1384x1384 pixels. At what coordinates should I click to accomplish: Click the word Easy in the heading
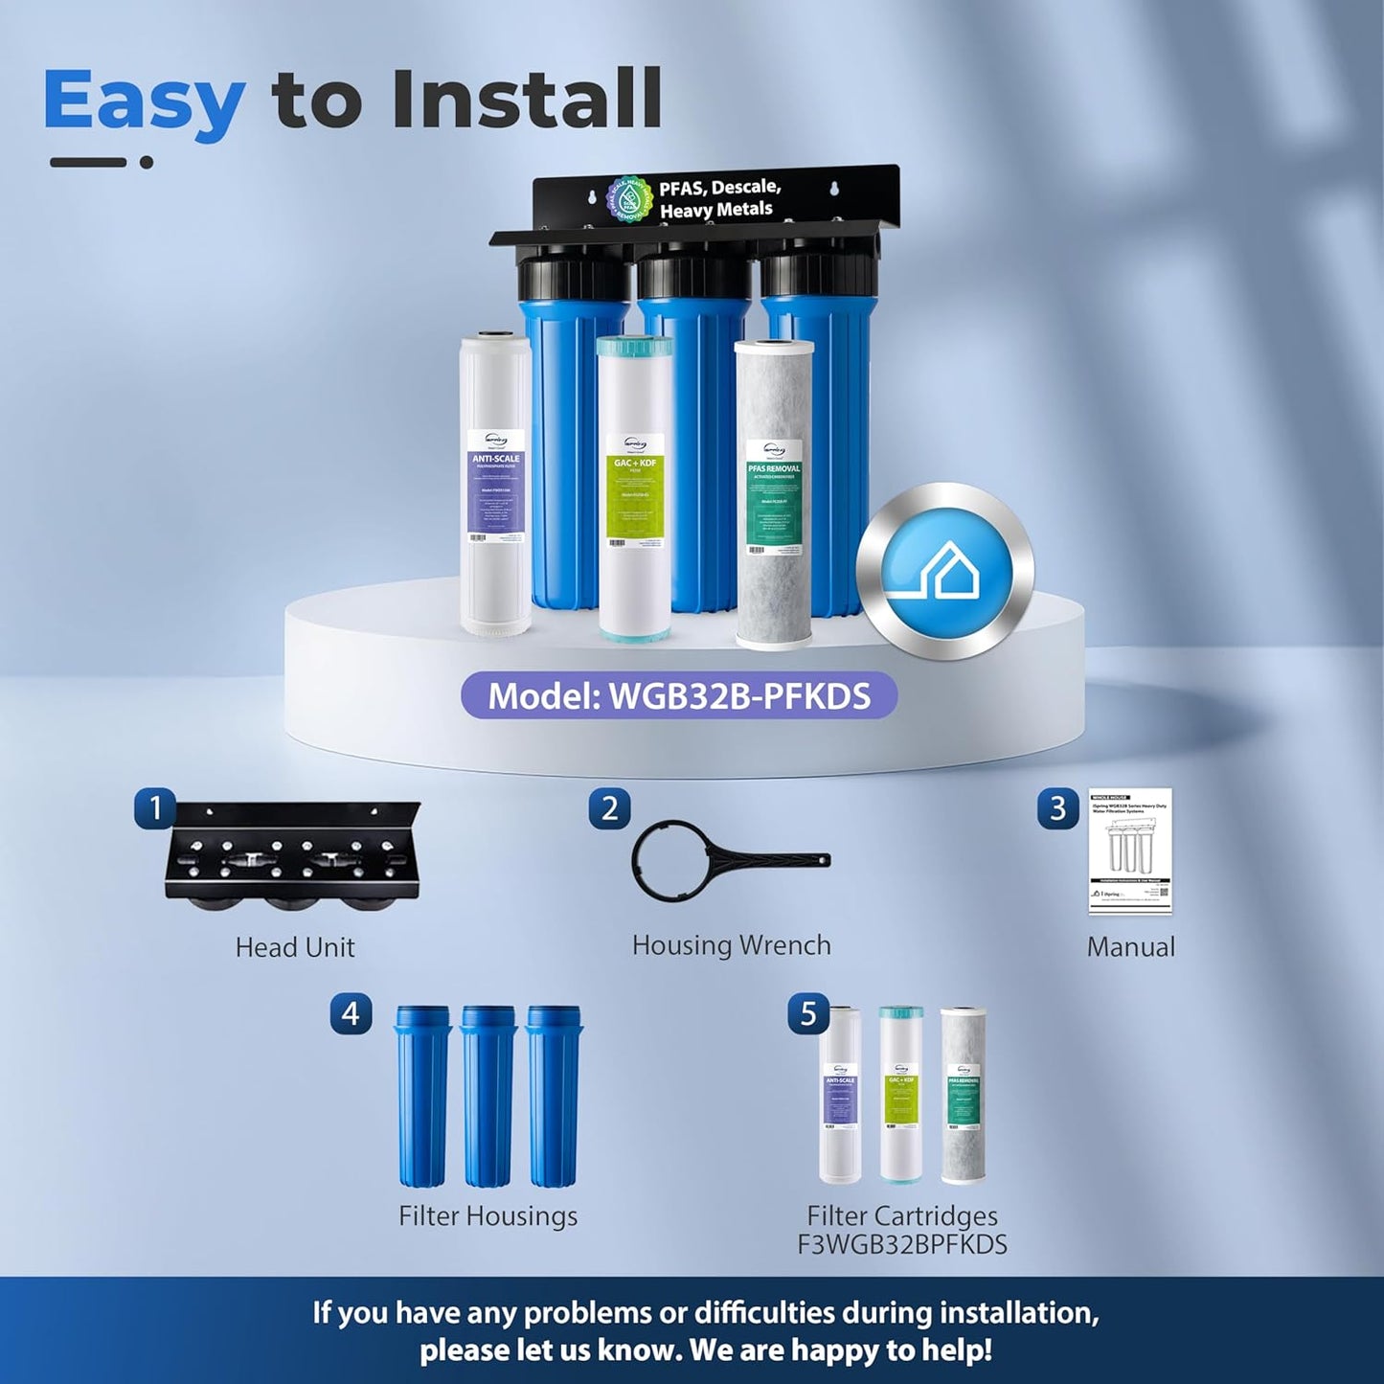[x=144, y=101]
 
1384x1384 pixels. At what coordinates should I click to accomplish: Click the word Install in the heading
[x=526, y=99]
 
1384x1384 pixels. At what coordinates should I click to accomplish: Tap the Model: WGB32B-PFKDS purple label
[x=678, y=695]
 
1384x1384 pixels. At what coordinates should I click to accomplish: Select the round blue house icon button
[x=945, y=572]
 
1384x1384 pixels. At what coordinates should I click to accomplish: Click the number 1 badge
[x=155, y=808]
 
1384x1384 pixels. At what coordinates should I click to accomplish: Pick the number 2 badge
[x=609, y=808]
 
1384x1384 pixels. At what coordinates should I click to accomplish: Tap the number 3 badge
[x=1057, y=809]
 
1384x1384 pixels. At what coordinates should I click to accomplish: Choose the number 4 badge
[x=351, y=1013]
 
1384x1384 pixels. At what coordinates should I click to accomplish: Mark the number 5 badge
[x=808, y=1014]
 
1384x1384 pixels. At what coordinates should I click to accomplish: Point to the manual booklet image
[x=1130, y=851]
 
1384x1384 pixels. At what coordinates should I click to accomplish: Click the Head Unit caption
[x=295, y=947]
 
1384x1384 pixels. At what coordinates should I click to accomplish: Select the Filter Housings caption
[x=488, y=1215]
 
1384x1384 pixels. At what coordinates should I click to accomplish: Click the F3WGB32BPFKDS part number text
[x=902, y=1244]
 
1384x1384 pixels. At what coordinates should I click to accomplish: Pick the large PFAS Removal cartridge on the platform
[x=774, y=493]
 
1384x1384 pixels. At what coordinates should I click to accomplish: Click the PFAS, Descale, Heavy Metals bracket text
[x=718, y=198]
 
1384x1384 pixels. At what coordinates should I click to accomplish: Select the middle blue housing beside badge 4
[x=488, y=1096]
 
